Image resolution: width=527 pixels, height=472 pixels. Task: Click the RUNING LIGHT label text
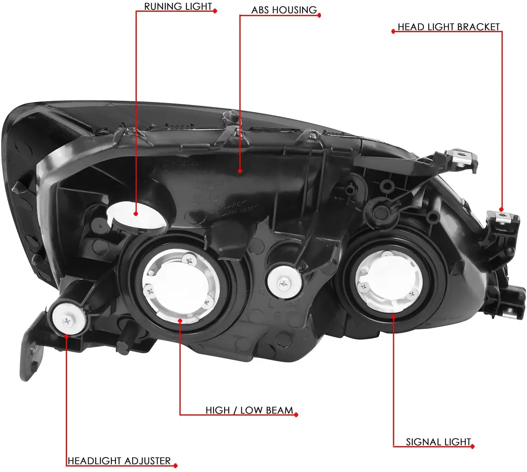(x=178, y=7)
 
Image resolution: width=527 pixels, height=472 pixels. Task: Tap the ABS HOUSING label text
(x=284, y=10)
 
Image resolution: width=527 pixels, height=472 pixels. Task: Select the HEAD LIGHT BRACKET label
(x=449, y=27)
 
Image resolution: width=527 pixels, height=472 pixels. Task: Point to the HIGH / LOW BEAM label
(x=249, y=410)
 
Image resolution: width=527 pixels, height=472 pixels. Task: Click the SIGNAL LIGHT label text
(x=438, y=442)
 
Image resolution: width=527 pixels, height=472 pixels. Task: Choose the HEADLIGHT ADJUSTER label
(x=119, y=461)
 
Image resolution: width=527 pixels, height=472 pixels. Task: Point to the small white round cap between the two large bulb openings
(x=283, y=281)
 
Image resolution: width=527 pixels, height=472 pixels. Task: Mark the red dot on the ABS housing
(x=240, y=171)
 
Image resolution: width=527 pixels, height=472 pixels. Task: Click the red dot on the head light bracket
(x=501, y=210)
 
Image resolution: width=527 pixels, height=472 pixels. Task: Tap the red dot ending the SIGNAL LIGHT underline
(x=473, y=447)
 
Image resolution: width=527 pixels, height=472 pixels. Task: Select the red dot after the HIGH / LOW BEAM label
(x=296, y=415)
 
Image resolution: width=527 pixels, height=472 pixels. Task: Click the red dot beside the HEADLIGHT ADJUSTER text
(x=175, y=465)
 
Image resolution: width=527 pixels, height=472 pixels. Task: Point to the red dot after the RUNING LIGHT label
(x=215, y=11)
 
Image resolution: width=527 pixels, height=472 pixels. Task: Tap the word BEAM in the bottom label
(x=279, y=410)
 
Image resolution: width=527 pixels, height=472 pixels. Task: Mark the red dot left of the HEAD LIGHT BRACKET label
(x=393, y=31)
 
